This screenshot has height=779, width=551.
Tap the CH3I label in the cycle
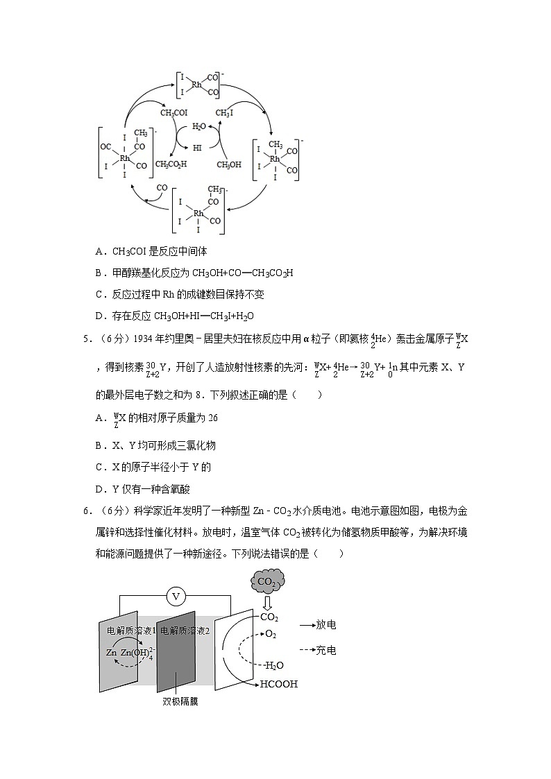225,113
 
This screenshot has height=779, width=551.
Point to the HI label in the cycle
198,147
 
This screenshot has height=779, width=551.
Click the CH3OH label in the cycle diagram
229,164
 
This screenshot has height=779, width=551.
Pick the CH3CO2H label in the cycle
171,164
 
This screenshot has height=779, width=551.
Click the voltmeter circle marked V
176,596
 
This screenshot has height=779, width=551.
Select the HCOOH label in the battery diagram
278,684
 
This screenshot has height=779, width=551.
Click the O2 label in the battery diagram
271,634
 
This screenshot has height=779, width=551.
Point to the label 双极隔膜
180,701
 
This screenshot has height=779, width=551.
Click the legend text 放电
326,625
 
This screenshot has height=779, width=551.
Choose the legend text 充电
326,651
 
